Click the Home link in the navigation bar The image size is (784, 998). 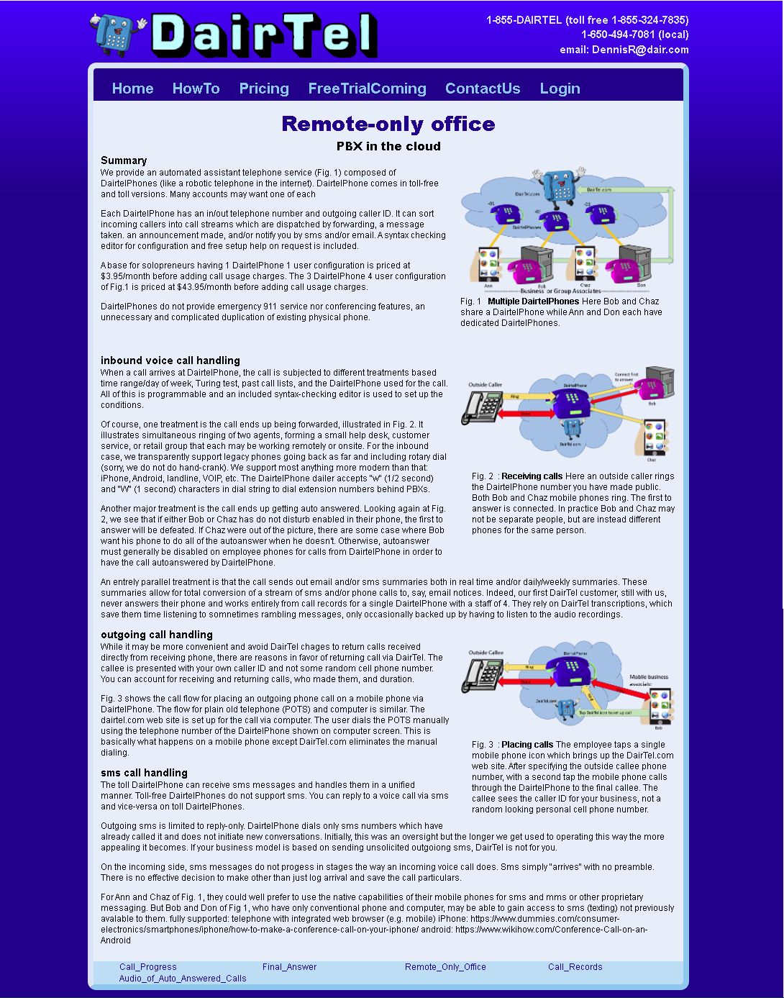(x=132, y=89)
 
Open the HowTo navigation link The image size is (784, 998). (x=196, y=89)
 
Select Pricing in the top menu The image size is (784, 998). (x=264, y=89)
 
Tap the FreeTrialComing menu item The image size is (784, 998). (x=367, y=89)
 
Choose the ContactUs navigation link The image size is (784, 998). (x=483, y=89)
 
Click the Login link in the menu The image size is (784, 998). (x=560, y=89)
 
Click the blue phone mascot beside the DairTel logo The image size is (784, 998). (x=115, y=34)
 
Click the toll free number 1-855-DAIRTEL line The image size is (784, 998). (x=587, y=20)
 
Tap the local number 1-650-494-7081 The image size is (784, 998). (x=634, y=35)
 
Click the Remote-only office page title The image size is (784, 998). (x=388, y=124)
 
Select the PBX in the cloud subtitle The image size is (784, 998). (x=388, y=146)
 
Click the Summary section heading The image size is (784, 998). (x=124, y=160)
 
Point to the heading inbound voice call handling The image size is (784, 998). (x=170, y=360)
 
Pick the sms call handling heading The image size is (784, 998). (x=144, y=773)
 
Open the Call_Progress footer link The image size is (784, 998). (x=147, y=967)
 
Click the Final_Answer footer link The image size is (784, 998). (x=289, y=967)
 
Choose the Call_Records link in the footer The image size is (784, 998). (x=575, y=967)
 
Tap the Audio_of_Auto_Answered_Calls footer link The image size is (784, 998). (x=183, y=979)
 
